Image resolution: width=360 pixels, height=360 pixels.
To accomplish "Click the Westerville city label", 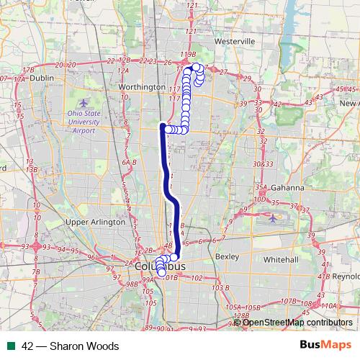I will click(x=235, y=42).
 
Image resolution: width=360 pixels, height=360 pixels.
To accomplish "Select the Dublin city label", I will click(x=42, y=78).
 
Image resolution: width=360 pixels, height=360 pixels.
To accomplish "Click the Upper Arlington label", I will click(x=95, y=222).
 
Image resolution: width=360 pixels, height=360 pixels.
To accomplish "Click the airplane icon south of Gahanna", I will click(x=274, y=218).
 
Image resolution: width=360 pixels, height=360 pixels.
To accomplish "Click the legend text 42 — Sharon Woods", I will click(x=70, y=346).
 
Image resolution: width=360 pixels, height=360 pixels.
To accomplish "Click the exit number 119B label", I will click(x=188, y=54).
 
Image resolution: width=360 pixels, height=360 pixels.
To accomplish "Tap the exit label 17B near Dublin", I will click(x=28, y=69).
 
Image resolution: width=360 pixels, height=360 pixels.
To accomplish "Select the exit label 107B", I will click(x=289, y=301).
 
